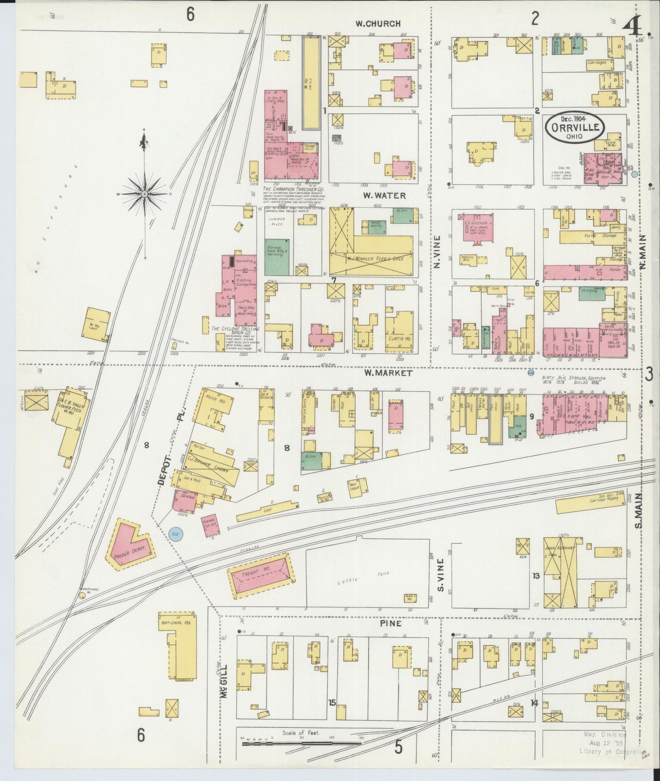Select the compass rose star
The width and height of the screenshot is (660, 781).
coord(144,195)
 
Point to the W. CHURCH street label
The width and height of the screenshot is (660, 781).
coord(379,24)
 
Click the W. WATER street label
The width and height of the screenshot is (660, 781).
coord(384,195)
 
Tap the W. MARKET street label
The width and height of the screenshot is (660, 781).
coord(388,373)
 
